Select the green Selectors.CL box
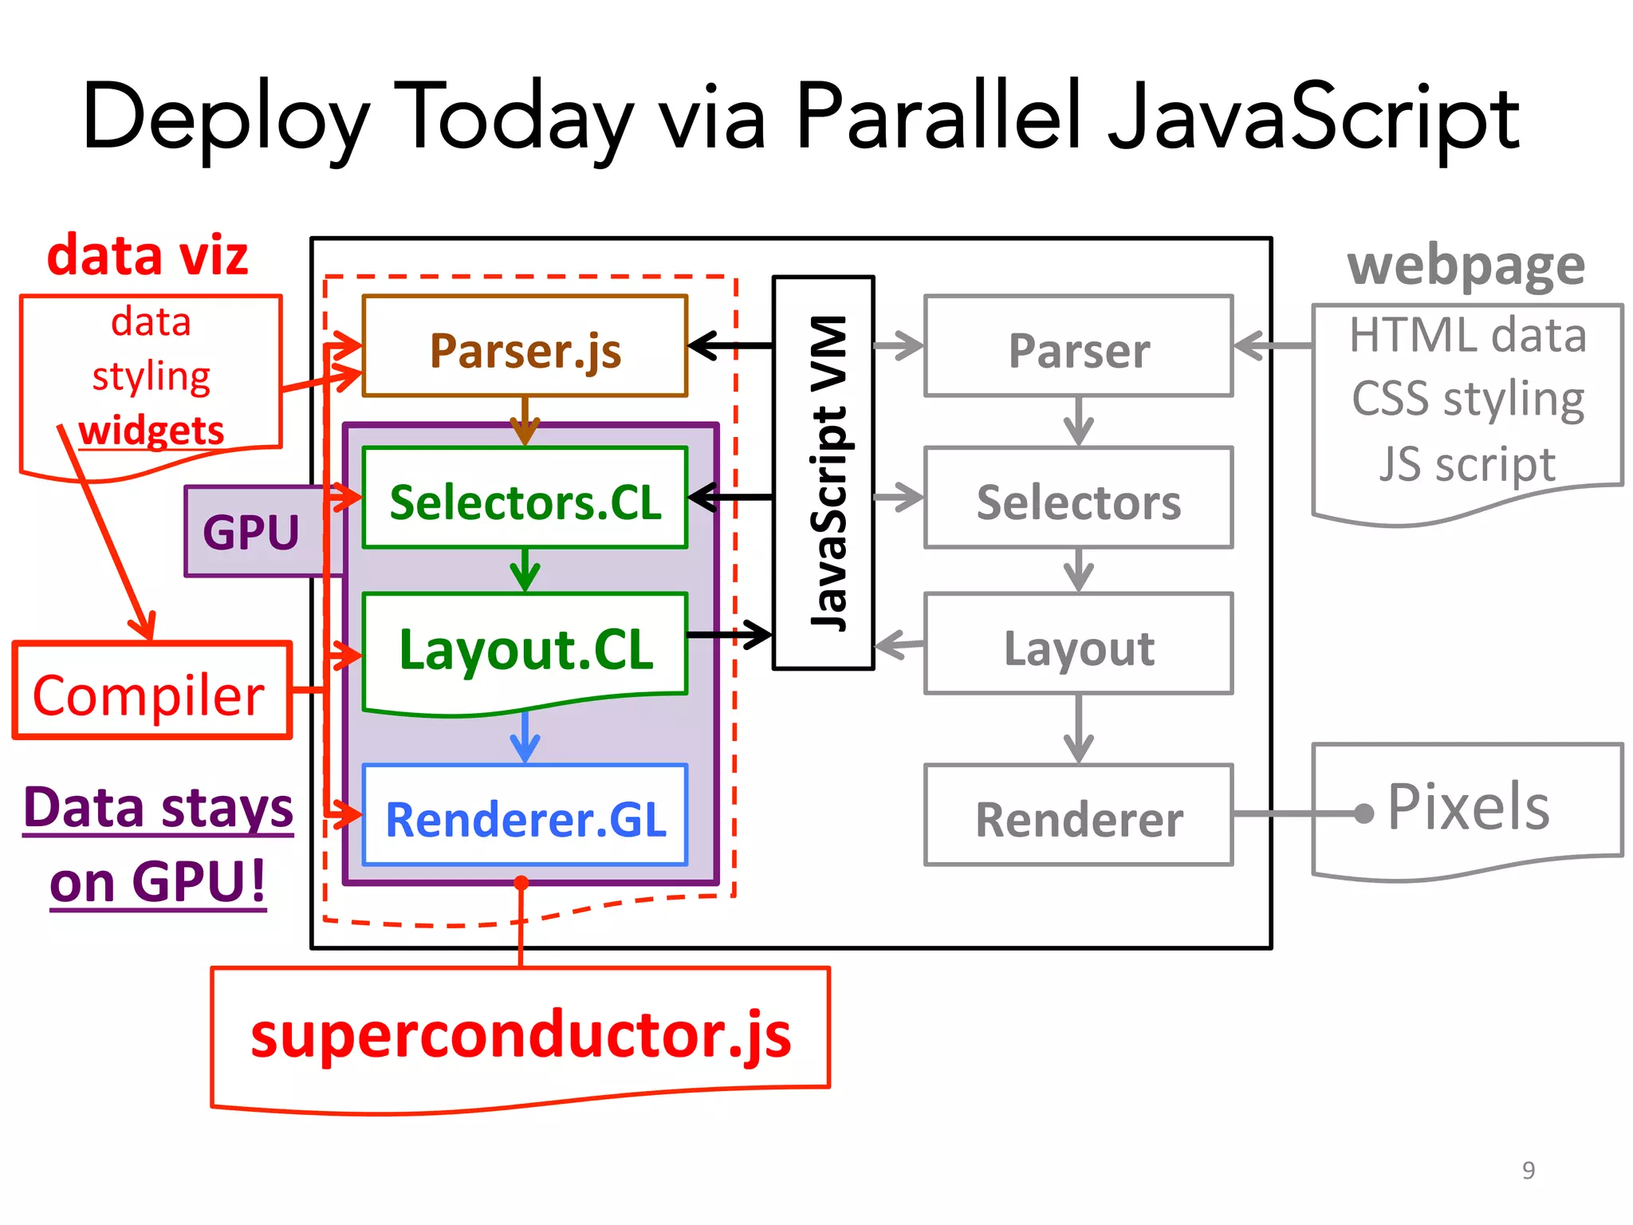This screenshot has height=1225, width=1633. point(525,499)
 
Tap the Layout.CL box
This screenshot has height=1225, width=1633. point(525,648)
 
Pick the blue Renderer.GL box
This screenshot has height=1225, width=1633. point(525,817)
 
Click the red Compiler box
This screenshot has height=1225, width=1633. point(151,692)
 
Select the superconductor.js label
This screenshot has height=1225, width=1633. point(520,1034)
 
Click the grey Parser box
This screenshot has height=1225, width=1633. point(1078,348)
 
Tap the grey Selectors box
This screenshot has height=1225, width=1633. point(1078,499)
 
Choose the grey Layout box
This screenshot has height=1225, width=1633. point(1078,646)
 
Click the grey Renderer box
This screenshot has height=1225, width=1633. point(1078,817)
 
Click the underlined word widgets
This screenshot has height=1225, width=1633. point(151,431)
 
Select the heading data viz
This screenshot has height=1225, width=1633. point(148,255)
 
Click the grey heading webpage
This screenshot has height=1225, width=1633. point(1466,265)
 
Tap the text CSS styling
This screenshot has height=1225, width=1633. point(1467,399)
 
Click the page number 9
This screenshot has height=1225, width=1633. point(1528,1170)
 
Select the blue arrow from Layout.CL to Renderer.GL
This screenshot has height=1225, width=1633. point(525,735)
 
